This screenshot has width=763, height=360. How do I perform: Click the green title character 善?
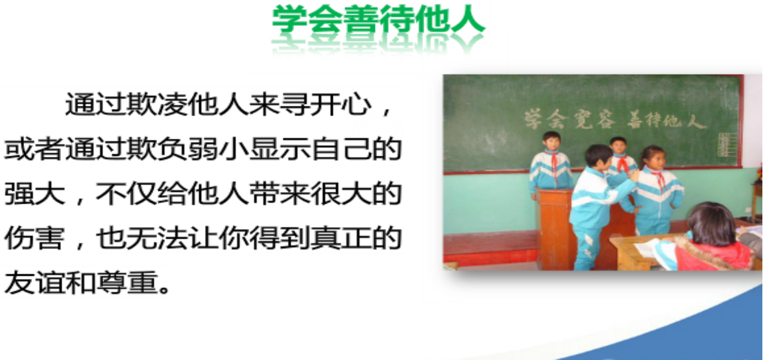pyautogui.click(x=361, y=20)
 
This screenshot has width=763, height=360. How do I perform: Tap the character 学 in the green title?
pyautogui.click(x=291, y=20)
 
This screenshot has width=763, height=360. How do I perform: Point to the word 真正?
pyautogui.click(x=341, y=239)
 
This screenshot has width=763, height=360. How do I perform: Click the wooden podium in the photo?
pyautogui.click(x=555, y=228)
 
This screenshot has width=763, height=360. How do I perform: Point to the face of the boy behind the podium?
pyautogui.click(x=551, y=142)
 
